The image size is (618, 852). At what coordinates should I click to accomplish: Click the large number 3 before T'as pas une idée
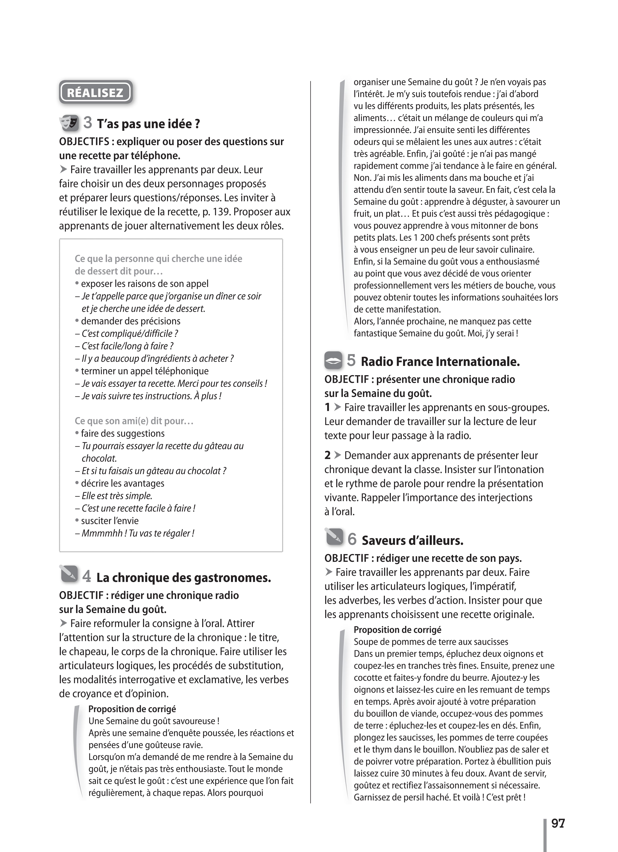tap(88, 122)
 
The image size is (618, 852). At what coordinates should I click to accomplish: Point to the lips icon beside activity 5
tap(333, 360)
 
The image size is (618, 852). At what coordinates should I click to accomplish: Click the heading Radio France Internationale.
tap(440, 362)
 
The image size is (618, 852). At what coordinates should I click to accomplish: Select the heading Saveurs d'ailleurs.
tap(413, 541)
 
